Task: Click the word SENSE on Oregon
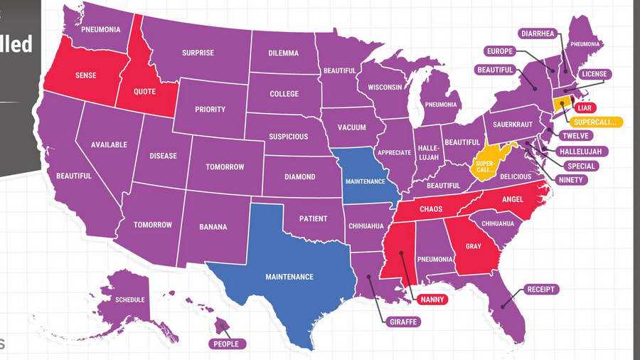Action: tap(85, 75)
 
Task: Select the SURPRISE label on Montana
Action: tap(198, 53)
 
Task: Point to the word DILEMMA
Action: tap(284, 53)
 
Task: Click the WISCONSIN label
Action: tap(385, 87)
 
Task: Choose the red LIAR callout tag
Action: tap(585, 107)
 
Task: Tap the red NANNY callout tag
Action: tap(432, 300)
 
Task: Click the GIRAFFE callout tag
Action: tap(403, 322)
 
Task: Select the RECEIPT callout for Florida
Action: tap(540, 290)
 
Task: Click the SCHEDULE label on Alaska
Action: tap(130, 300)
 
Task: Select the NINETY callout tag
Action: tap(570, 180)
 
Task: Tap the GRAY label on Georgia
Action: tap(473, 246)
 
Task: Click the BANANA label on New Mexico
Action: tap(213, 227)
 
